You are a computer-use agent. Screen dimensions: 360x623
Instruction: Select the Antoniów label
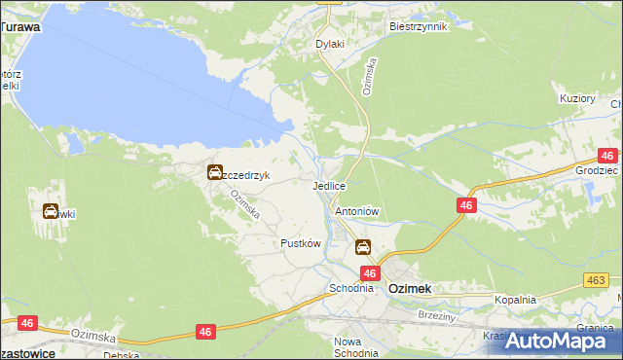pyautogui.click(x=356, y=210)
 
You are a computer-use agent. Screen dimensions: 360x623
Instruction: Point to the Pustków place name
pyautogui.click(x=300, y=243)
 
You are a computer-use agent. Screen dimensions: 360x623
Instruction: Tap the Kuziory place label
pyautogui.click(x=577, y=98)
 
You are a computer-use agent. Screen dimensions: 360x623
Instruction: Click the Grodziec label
pyautogui.click(x=597, y=169)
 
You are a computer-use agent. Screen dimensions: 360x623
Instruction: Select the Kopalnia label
pyautogui.click(x=515, y=301)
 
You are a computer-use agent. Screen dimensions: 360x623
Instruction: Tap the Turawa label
pyautogui.click(x=20, y=27)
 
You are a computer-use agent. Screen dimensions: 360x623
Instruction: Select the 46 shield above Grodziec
pyautogui.click(x=607, y=155)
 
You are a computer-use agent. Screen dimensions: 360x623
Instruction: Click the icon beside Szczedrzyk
pyautogui.click(x=214, y=173)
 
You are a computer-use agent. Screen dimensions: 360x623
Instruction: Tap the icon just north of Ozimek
pyautogui.click(x=363, y=248)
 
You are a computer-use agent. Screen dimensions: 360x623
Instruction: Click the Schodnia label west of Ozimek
pyautogui.click(x=351, y=288)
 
